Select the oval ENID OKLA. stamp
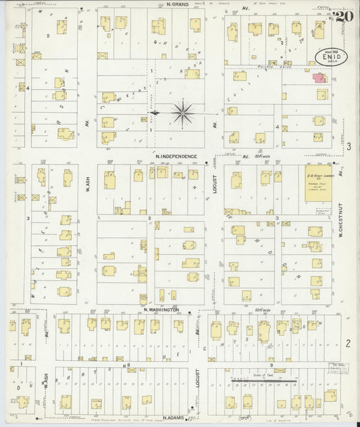pyautogui.click(x=329, y=56)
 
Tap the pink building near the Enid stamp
pyautogui.click(x=318, y=78)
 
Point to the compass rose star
pyautogui.click(x=182, y=112)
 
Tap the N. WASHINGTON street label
pyautogui.click(x=161, y=309)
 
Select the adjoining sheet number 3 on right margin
pyautogui.click(x=349, y=146)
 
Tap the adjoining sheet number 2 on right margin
pyautogui.click(x=349, y=343)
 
